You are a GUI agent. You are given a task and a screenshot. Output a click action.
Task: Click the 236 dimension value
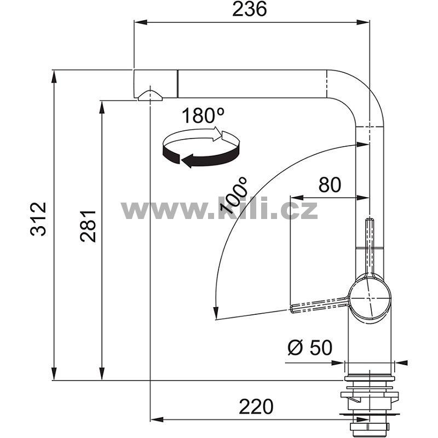click(x=250, y=9)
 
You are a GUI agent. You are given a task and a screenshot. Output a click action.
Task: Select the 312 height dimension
click(x=38, y=219)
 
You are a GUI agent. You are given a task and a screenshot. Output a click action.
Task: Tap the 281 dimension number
click(x=88, y=226)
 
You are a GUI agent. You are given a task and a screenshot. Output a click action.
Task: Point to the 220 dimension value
click(x=256, y=406)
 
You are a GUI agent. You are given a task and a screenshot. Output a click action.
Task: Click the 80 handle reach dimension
click(x=330, y=185)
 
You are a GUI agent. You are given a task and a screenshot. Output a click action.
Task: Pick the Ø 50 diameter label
click(x=310, y=348)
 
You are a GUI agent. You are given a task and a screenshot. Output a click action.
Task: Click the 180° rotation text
click(x=203, y=116)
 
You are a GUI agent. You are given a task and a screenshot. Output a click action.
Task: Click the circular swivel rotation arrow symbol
click(x=201, y=147)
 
